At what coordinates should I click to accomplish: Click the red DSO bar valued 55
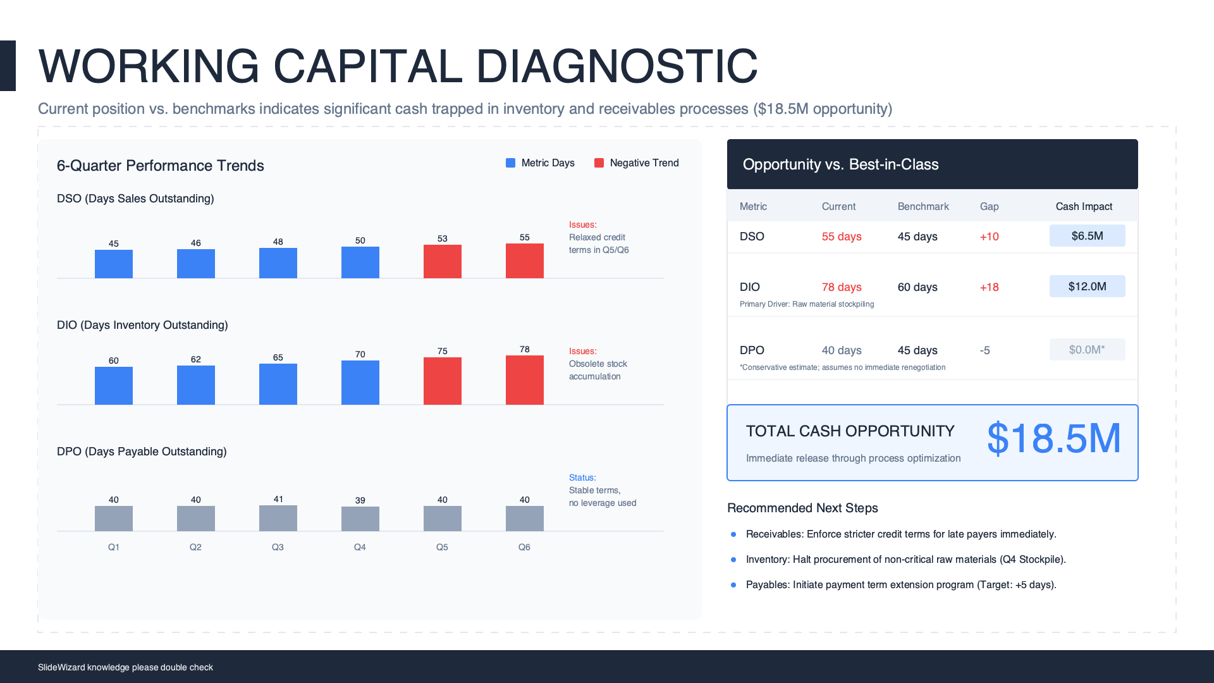click(x=524, y=261)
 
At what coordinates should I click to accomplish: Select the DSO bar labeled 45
click(x=114, y=264)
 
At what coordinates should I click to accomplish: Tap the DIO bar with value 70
click(x=360, y=382)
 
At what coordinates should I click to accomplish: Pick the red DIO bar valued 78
click(x=524, y=379)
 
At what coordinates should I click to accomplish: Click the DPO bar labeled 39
click(x=360, y=519)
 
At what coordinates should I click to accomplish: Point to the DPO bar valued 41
click(x=278, y=518)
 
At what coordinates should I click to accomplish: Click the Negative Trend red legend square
click(x=599, y=163)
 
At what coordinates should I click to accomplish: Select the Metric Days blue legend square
click(x=510, y=163)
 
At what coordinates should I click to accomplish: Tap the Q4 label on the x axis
click(x=360, y=547)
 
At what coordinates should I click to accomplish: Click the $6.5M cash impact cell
click(x=1087, y=236)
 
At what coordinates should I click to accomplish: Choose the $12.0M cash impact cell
click(x=1087, y=286)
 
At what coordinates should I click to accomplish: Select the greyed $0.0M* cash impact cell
click(x=1087, y=350)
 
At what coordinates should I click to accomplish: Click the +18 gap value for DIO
click(x=989, y=287)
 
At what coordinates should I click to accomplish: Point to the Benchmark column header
click(x=923, y=207)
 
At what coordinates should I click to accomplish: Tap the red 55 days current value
click(x=842, y=237)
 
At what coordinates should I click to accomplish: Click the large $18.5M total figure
click(x=1053, y=438)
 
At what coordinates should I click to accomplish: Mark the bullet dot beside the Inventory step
click(x=733, y=560)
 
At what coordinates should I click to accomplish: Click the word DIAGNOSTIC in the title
click(x=616, y=66)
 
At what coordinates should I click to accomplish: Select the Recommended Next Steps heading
click(x=802, y=508)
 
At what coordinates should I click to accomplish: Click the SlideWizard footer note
click(x=125, y=667)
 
